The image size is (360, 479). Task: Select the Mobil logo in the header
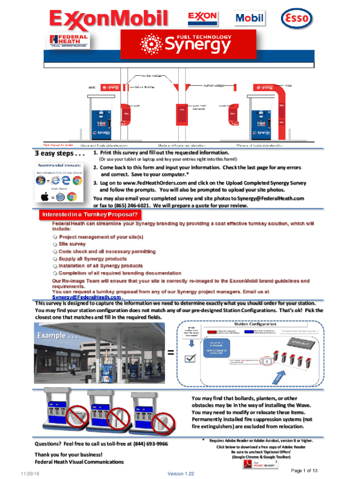point(249,19)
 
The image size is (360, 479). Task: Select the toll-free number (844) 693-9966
point(151,443)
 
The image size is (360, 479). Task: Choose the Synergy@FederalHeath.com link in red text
point(86,297)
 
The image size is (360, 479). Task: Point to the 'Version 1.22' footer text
point(180,473)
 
